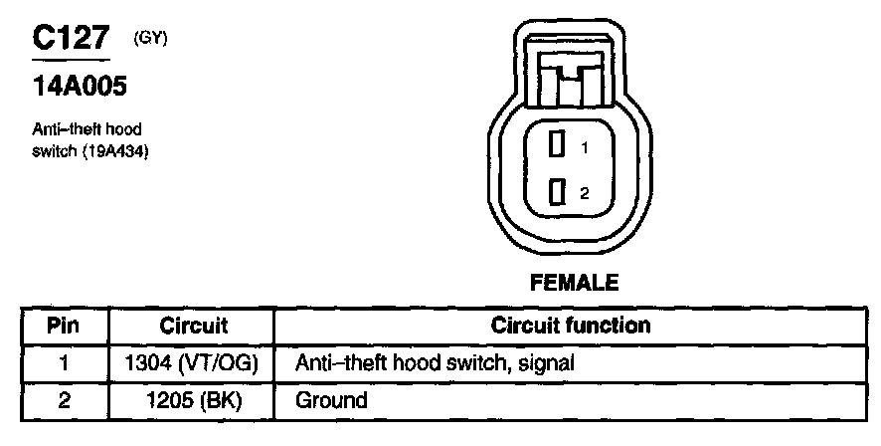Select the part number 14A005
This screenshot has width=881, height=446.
click(x=80, y=88)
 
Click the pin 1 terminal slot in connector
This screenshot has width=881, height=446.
click(x=558, y=145)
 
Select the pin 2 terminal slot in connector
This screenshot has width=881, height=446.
click(x=558, y=191)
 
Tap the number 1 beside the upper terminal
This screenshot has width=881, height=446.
click(x=586, y=147)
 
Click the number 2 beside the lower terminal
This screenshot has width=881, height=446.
click(x=585, y=193)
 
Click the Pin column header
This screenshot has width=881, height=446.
click(x=63, y=327)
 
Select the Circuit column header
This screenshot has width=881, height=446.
click(x=194, y=327)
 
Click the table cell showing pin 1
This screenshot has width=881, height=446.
click(x=63, y=363)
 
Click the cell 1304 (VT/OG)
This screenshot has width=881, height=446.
click(x=194, y=363)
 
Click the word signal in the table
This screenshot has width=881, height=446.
click(x=547, y=364)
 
